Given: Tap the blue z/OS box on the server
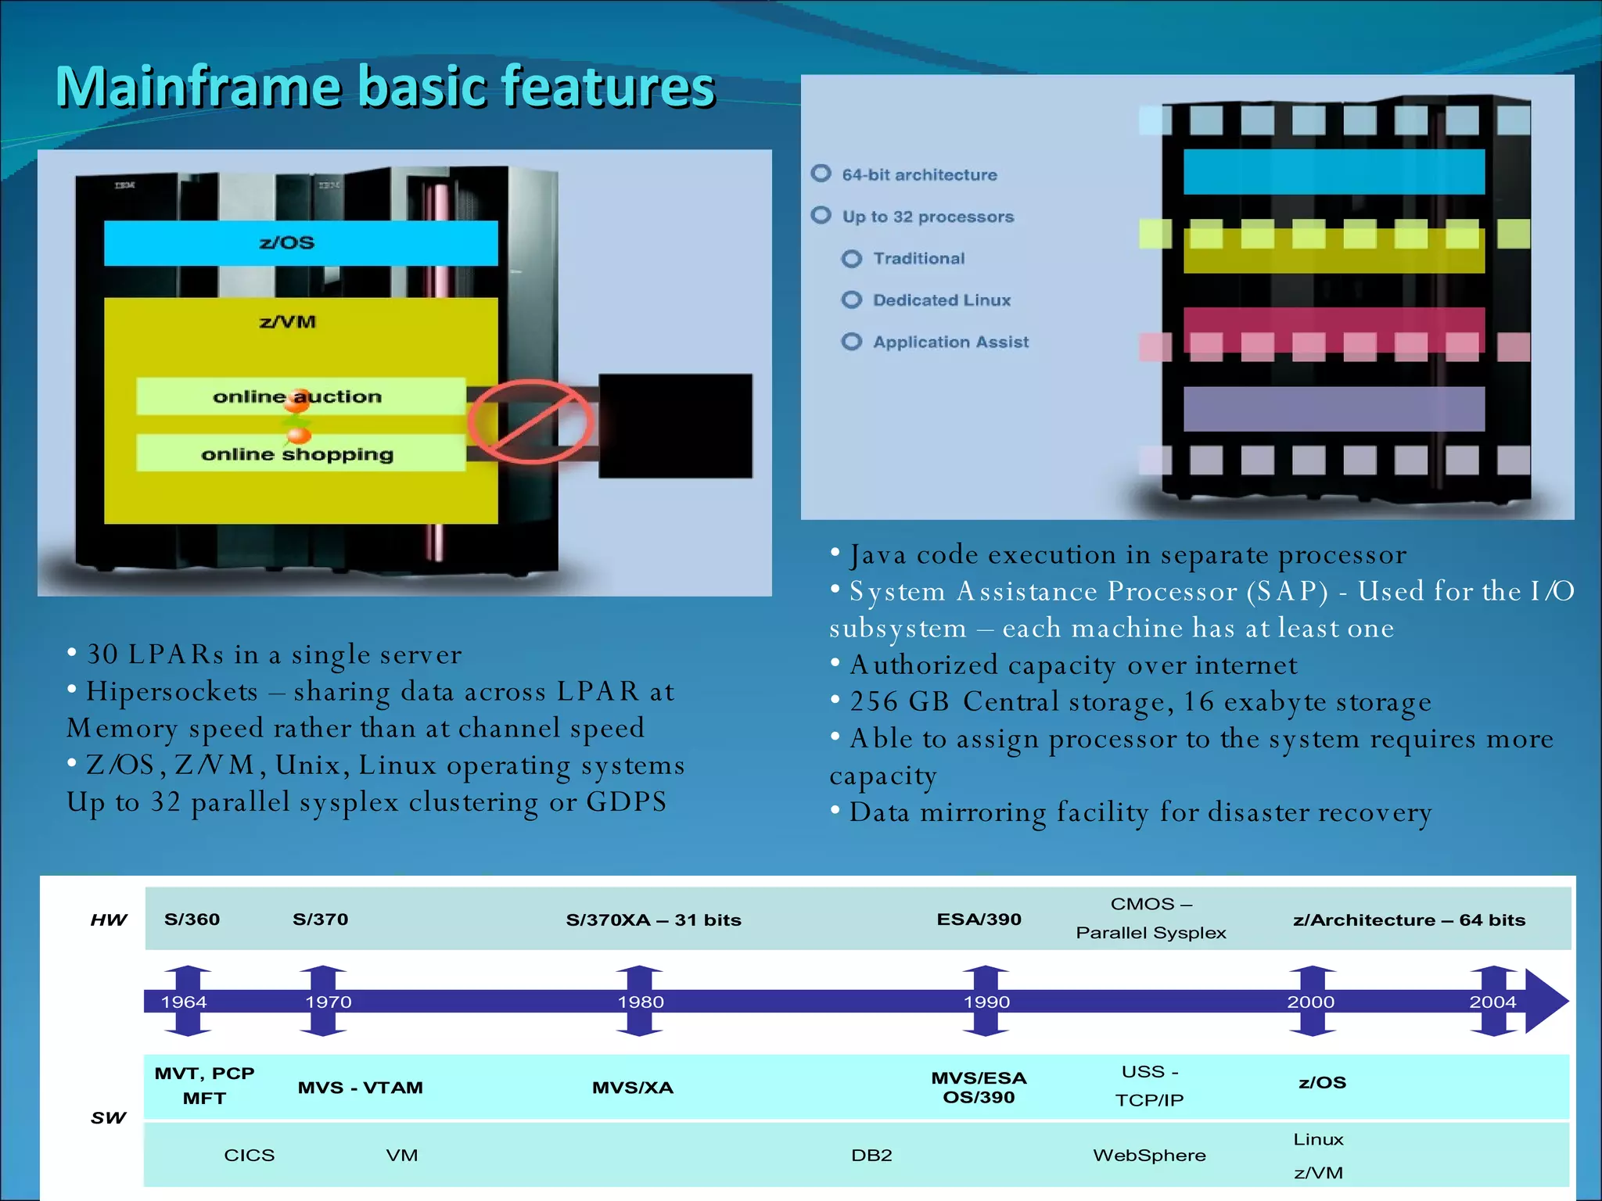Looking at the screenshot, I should pyautogui.click(x=300, y=243).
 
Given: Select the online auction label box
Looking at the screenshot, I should pyautogui.click(x=300, y=396).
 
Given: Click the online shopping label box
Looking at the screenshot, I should pyautogui.click(x=300, y=454).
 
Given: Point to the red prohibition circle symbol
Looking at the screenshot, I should pyautogui.click(x=531, y=422).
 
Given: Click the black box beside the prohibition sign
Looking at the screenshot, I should pyautogui.click(x=675, y=426).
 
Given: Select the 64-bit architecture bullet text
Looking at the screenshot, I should pyautogui.click(x=919, y=175).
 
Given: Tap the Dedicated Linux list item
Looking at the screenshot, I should pyautogui.click(x=941, y=300).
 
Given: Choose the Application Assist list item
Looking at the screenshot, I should pyautogui.click(x=950, y=342).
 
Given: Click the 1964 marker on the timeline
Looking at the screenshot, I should pyautogui.click(x=185, y=1002).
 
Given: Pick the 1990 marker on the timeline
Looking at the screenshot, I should pyautogui.click(x=986, y=1002).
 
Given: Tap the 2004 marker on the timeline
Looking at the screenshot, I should pyautogui.click(x=1492, y=1002).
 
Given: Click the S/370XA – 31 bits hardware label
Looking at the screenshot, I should pyautogui.click(x=653, y=920).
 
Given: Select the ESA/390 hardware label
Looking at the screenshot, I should pyautogui.click(x=979, y=920).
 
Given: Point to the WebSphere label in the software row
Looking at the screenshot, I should pyautogui.click(x=1149, y=1156).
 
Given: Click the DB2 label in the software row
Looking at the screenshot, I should pyautogui.click(x=871, y=1156).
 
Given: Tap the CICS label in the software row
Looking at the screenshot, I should pyautogui.click(x=249, y=1156).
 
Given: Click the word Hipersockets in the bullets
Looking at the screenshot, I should pyautogui.click(x=172, y=692).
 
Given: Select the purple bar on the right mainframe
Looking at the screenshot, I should pyautogui.click(x=1334, y=409).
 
